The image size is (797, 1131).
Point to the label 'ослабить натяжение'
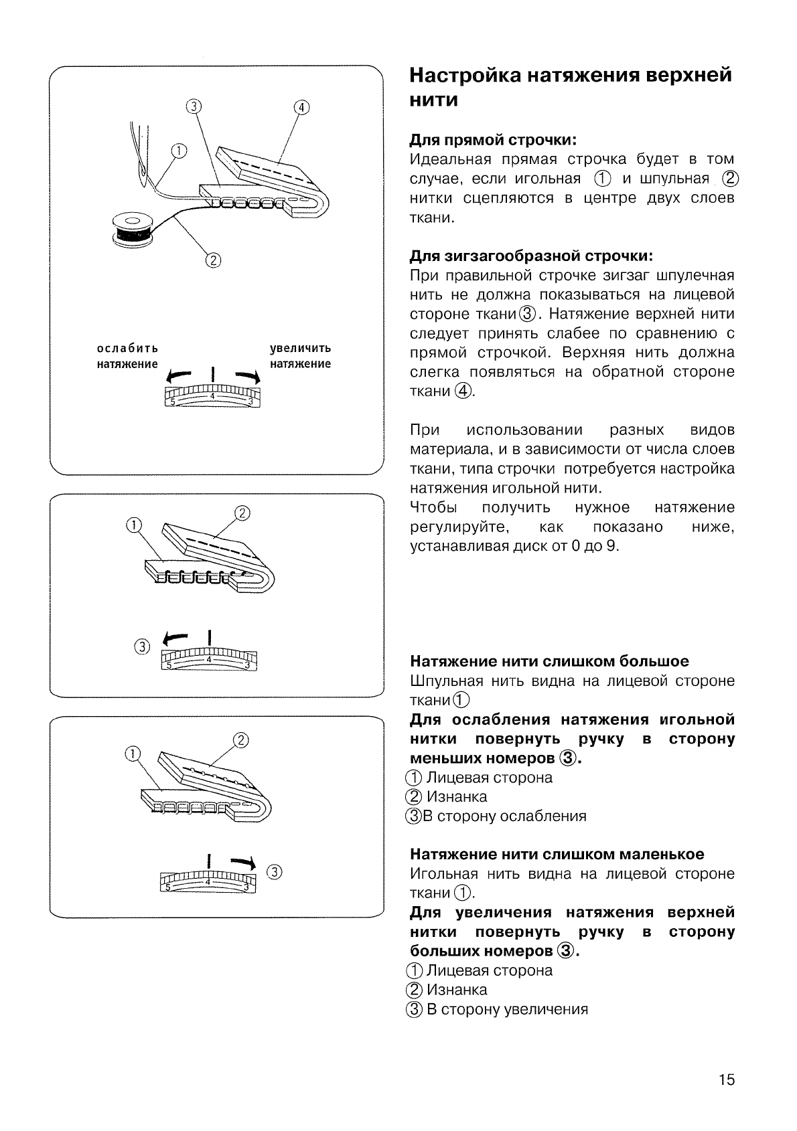pyautogui.click(x=127, y=356)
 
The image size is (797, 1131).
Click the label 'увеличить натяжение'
pyautogui.click(x=300, y=356)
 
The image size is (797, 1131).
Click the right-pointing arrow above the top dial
pyautogui.click(x=244, y=375)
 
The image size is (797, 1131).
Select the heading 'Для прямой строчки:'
pyautogui.click(x=493, y=141)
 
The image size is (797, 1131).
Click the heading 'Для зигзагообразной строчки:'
pyautogui.click(x=530, y=256)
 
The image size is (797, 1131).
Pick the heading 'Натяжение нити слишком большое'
pyautogui.click(x=549, y=662)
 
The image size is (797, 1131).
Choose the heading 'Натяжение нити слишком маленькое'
pyautogui.click(x=557, y=855)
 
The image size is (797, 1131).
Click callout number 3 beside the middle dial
pyautogui.click(x=141, y=646)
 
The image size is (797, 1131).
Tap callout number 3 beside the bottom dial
pyautogui.click(x=275, y=871)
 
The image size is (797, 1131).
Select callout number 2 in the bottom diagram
pyautogui.click(x=240, y=739)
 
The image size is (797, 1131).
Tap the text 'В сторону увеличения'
pyautogui.click(x=507, y=1009)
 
